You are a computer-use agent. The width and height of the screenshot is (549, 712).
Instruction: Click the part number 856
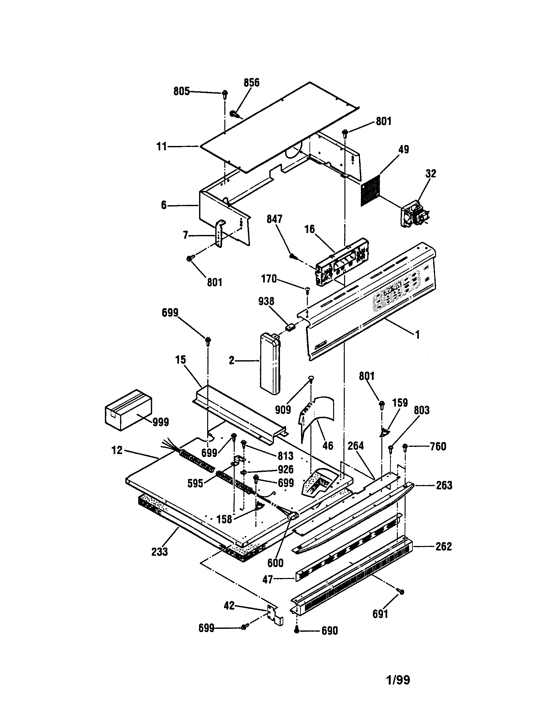click(x=251, y=83)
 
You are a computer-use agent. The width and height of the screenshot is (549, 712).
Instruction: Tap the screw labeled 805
click(x=225, y=95)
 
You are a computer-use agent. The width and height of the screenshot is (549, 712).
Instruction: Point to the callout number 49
click(x=403, y=150)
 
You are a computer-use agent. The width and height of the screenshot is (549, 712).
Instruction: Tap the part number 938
click(x=266, y=302)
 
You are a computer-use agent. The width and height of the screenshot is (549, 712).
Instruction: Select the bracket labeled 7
click(x=221, y=234)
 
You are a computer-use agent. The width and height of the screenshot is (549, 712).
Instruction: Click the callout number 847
click(x=274, y=219)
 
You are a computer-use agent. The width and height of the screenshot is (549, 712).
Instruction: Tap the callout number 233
click(x=159, y=551)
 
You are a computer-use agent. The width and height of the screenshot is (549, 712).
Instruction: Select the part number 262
click(x=444, y=546)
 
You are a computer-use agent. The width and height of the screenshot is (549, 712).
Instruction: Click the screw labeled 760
click(x=406, y=447)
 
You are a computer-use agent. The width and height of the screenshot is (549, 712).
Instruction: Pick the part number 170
click(x=269, y=279)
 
